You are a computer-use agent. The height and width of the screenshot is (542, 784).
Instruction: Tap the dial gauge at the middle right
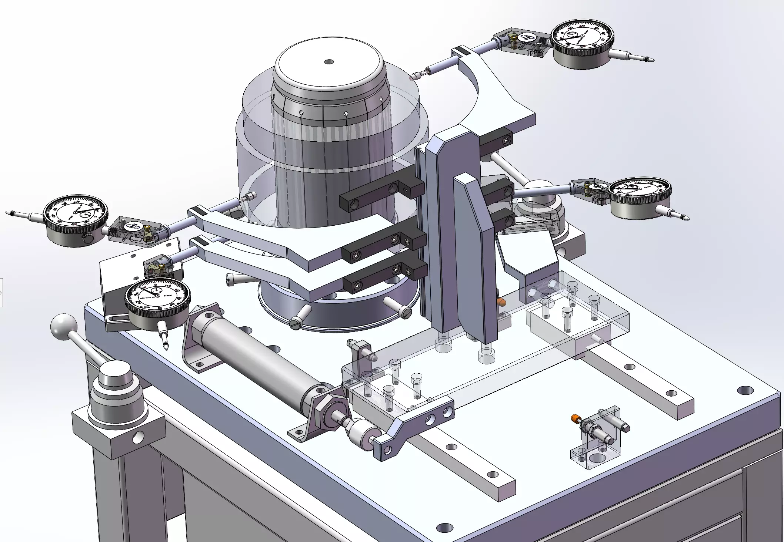[639, 193]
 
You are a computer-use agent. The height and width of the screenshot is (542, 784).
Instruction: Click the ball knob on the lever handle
[64, 327]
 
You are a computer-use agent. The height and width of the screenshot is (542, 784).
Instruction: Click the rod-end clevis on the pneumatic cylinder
[365, 433]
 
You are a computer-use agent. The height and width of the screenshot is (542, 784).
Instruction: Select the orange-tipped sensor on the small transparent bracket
[576, 419]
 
